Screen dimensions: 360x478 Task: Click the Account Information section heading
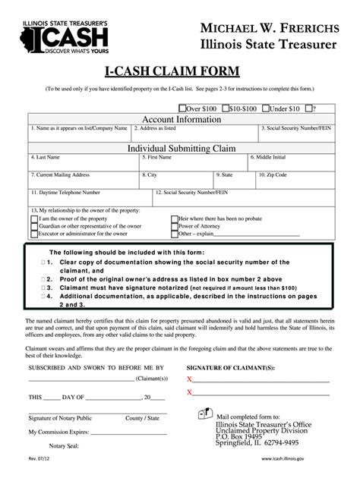pos(180,119)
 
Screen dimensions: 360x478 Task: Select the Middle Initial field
pos(289,163)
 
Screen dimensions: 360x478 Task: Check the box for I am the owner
pos(34,219)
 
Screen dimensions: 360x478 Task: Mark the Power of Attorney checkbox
pos(175,226)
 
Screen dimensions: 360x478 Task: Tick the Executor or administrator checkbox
pos(34,234)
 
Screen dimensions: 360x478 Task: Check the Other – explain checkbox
pos(175,234)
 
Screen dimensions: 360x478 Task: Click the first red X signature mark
pos(190,378)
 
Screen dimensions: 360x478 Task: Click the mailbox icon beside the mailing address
pos(204,414)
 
